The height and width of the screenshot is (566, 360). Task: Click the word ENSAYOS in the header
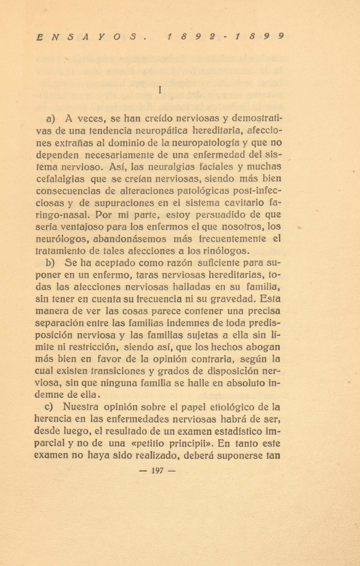(91, 37)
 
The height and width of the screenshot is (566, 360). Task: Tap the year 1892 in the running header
(191, 37)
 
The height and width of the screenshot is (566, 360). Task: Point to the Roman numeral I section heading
(160, 90)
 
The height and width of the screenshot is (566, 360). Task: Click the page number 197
(157, 470)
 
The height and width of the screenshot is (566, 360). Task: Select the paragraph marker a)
(51, 119)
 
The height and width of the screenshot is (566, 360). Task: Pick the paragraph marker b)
(50, 263)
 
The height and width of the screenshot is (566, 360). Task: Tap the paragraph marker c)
(49, 407)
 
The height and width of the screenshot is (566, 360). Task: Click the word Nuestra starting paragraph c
(82, 407)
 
